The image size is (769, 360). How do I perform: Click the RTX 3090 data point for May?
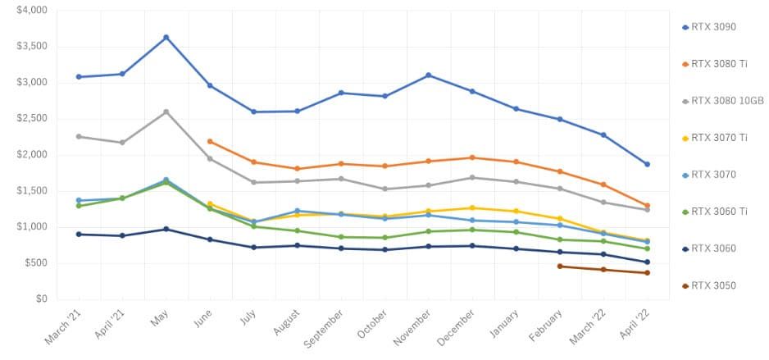pos(166,37)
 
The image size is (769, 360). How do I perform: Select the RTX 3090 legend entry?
pos(709,27)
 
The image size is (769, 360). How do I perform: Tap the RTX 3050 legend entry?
pos(709,286)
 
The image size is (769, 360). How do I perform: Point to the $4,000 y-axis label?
pos(32,10)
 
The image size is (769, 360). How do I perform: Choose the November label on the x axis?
pos(414,327)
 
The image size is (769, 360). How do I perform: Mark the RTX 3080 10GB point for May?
pos(166,112)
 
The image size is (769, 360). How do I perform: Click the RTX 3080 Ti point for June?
pos(210,141)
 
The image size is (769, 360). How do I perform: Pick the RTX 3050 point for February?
pos(560,267)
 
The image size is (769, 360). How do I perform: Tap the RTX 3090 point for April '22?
pos(648,164)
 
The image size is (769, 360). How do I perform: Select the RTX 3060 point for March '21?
pos(79,235)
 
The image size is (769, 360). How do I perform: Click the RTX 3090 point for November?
pos(429,75)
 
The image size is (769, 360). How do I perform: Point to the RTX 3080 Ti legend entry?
pos(715,64)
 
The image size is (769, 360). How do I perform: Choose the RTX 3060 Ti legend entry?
pos(715,212)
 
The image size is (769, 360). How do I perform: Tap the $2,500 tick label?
pos(32,118)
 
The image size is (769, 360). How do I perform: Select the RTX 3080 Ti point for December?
pos(472,157)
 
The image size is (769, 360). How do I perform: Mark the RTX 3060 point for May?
pos(166,229)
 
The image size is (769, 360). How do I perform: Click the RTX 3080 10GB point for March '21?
pos(79,136)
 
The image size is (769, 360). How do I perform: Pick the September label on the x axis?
pos(324,329)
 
